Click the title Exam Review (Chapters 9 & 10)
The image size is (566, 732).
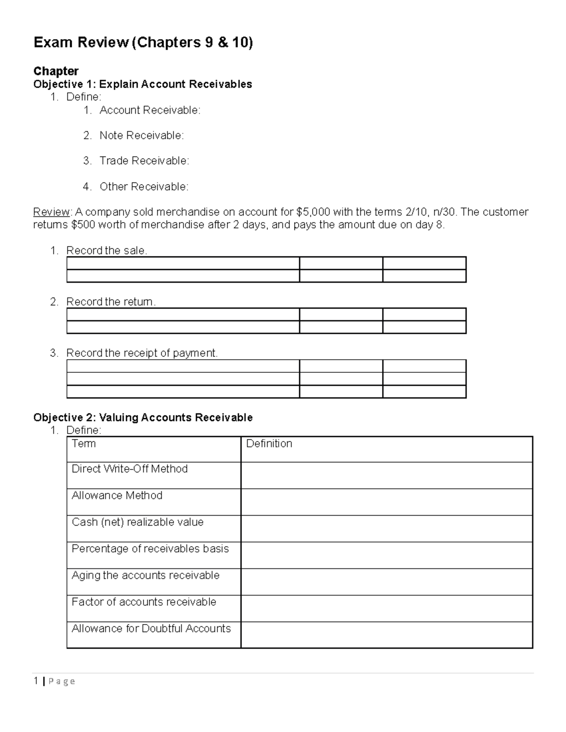click(143, 43)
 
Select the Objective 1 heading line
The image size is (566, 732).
click(142, 84)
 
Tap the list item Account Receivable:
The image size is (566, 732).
click(150, 110)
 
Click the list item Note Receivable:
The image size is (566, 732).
click(141, 136)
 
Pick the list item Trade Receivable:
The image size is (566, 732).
click(144, 161)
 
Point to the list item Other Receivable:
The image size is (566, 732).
click(144, 187)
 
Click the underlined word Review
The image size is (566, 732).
click(51, 212)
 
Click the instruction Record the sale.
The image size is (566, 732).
click(107, 251)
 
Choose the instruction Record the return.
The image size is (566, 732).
click(111, 302)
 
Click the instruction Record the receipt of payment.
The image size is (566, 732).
click(142, 353)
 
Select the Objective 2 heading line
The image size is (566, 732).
click(142, 418)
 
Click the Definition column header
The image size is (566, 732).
click(269, 444)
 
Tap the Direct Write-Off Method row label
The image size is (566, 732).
click(130, 469)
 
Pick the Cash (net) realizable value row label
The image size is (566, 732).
click(137, 522)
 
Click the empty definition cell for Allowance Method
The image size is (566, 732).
click(386, 502)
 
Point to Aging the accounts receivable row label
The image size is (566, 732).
click(145, 576)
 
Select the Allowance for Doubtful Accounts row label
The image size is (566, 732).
click(151, 629)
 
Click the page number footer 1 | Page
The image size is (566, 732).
click(54, 681)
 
